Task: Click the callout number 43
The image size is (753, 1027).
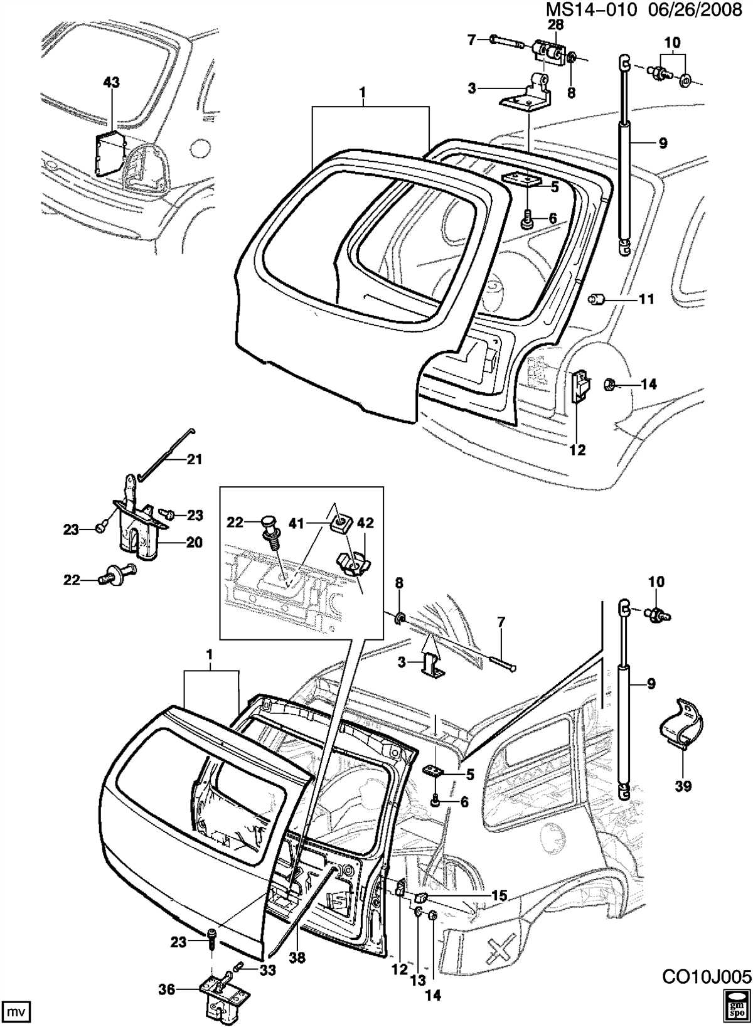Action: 112,82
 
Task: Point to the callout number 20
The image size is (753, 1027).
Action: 193,543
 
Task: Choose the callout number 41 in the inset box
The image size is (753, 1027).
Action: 297,523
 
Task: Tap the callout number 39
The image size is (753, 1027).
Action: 683,786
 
